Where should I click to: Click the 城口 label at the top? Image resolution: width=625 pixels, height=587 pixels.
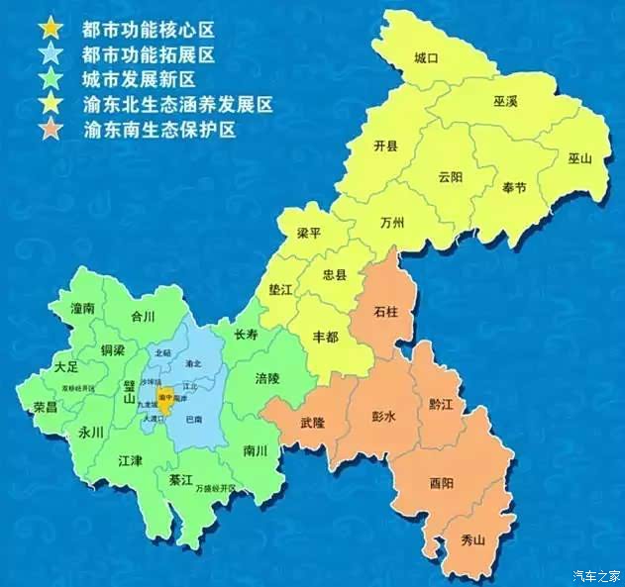pyautogui.click(x=426, y=59)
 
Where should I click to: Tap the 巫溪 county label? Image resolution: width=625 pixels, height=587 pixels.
pyautogui.click(x=506, y=102)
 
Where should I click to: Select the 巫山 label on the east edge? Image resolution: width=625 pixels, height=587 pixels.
pyautogui.click(x=579, y=158)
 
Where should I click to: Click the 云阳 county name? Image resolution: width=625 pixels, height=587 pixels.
pyautogui.click(x=450, y=177)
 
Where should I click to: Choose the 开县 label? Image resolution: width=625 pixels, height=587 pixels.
pyautogui.click(x=385, y=146)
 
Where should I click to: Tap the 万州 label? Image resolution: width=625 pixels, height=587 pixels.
pyautogui.click(x=392, y=223)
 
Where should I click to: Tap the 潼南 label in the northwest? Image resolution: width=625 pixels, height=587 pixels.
pyautogui.click(x=82, y=309)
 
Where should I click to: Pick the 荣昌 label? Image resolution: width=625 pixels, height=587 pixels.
pyautogui.click(x=45, y=406)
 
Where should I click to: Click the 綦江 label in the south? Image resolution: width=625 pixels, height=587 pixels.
pyautogui.click(x=180, y=479)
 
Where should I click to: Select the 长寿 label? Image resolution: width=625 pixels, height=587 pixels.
pyautogui.click(x=245, y=335)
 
